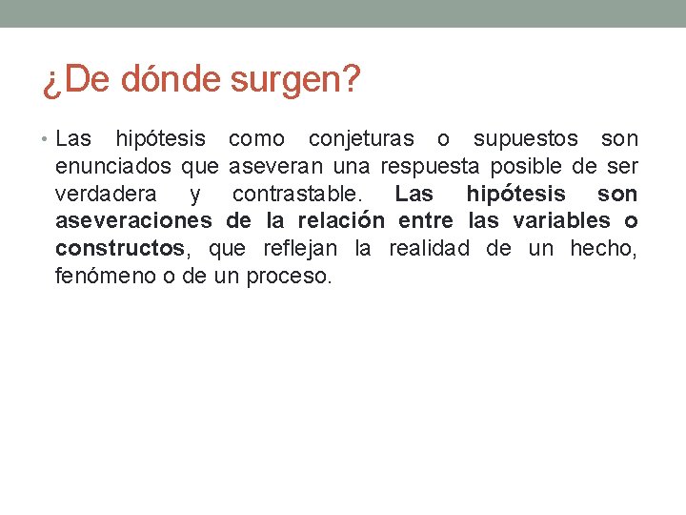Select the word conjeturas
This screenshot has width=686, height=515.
pyautogui.click(x=361, y=139)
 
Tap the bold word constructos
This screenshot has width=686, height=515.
pyautogui.click(x=120, y=250)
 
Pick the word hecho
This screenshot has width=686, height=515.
pyautogui.click(x=603, y=250)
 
